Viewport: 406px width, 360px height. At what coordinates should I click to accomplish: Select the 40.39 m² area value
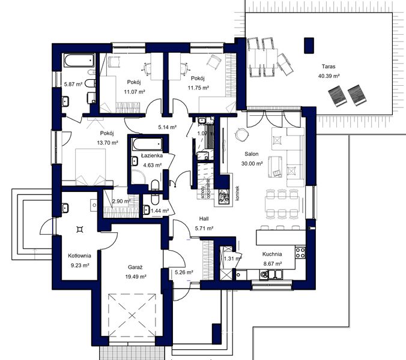329,77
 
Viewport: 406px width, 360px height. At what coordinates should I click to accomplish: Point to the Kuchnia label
272,254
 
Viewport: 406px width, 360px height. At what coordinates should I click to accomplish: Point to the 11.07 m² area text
135,92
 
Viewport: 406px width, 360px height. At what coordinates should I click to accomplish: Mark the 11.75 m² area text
198,88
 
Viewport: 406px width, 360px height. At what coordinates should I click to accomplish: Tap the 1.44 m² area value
160,211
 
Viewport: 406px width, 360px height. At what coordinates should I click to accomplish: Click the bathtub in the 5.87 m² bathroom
79,61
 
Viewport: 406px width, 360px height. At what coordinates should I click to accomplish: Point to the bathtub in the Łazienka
147,144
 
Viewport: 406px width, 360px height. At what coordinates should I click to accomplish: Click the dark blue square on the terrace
309,44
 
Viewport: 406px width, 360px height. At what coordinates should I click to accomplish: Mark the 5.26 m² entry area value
184,272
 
